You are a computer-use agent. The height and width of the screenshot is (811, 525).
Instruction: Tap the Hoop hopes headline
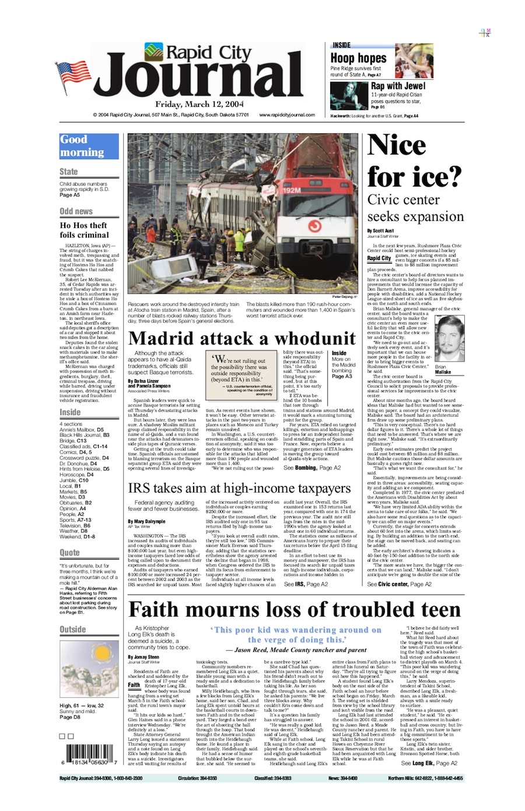coord(358,58)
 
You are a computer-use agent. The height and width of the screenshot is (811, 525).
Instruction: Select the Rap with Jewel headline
coord(398,86)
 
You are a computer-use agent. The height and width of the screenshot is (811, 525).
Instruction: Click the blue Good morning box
coord(89,146)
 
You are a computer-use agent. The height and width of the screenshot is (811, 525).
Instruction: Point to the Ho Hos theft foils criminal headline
coord(84,230)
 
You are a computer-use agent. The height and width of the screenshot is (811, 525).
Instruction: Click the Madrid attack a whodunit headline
coord(242,338)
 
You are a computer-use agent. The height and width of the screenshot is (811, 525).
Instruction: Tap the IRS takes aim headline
coord(239,487)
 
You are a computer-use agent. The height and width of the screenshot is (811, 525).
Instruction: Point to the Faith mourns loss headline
coord(294,609)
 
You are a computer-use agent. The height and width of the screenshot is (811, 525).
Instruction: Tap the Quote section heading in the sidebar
coord(69,553)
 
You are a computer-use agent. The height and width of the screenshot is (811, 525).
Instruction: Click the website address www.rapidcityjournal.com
coord(287,115)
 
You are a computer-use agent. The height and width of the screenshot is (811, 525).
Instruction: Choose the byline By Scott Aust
coord(380,231)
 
